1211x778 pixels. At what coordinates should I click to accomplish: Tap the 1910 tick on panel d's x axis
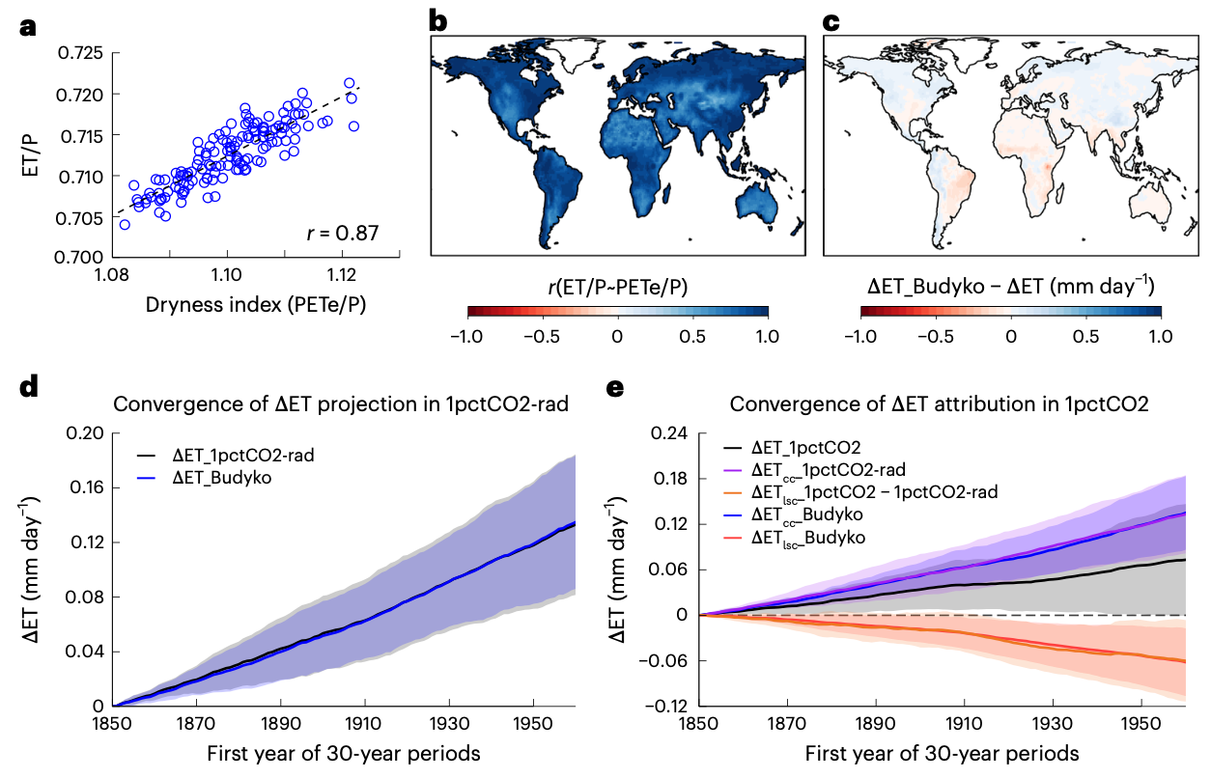tap(364, 725)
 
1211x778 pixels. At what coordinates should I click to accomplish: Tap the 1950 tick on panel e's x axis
tap(1141, 725)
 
